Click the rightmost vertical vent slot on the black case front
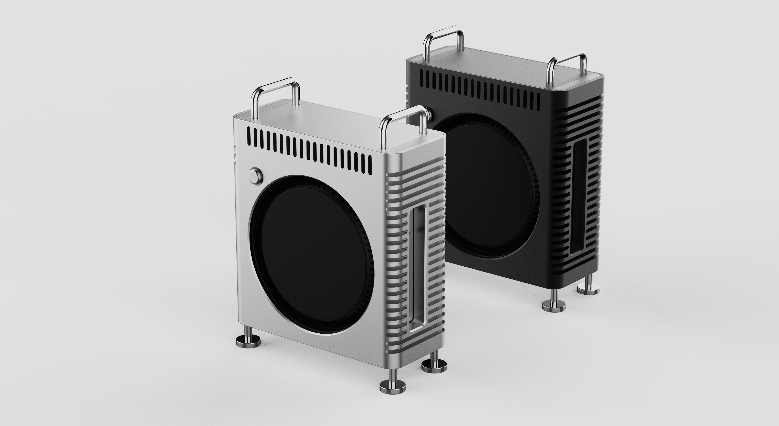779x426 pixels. point(539,102)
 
